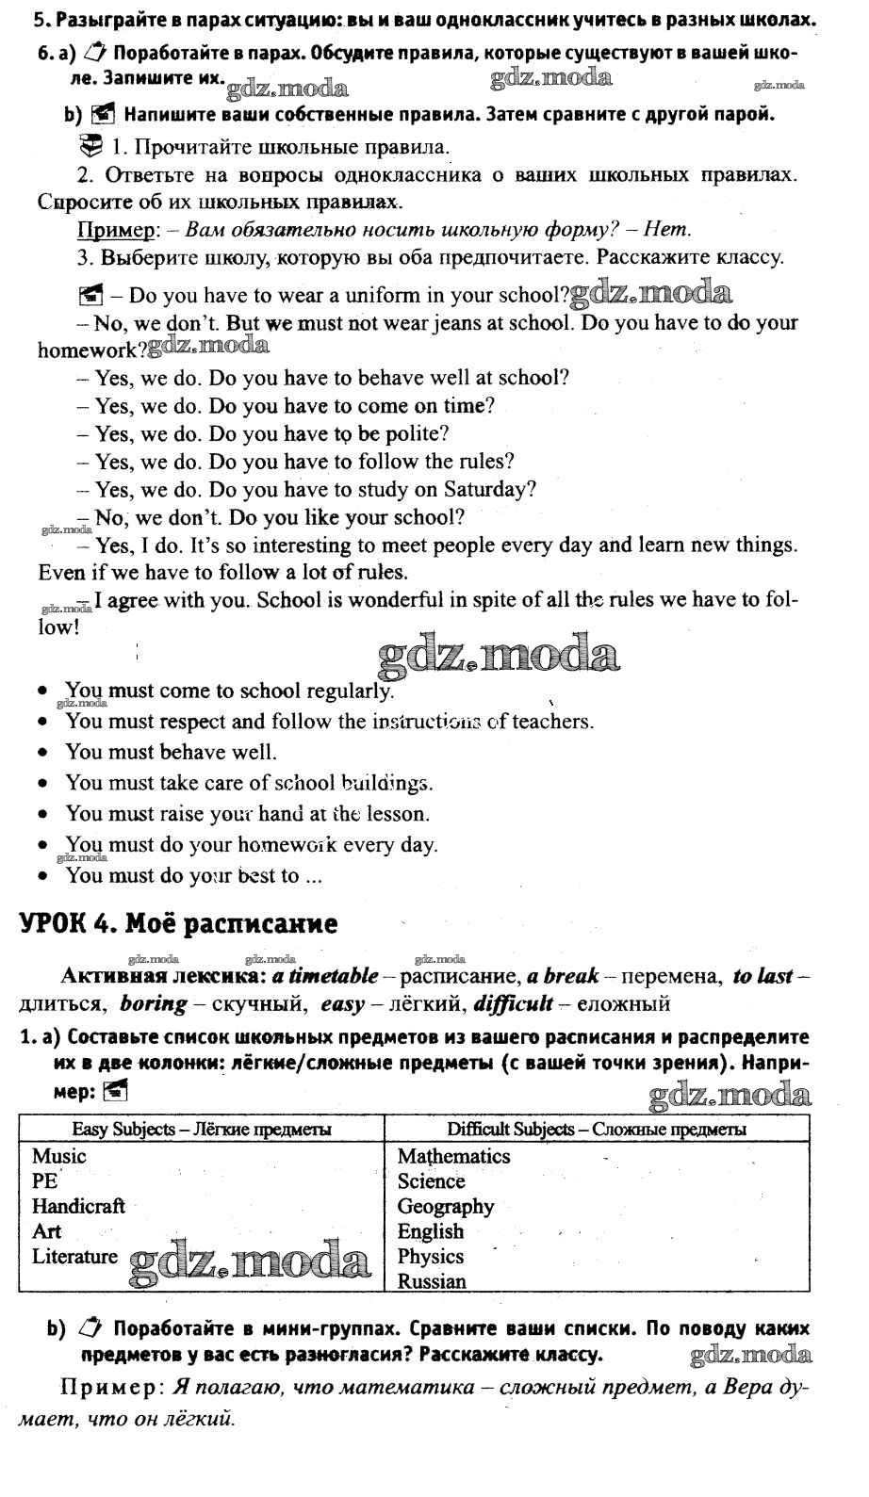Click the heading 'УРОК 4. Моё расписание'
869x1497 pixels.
[x=178, y=923]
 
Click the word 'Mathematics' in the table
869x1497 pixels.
[x=453, y=1156]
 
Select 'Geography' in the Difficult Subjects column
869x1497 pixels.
[x=446, y=1206]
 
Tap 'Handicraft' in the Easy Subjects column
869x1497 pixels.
[x=78, y=1206]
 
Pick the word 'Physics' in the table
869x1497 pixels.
[x=431, y=1256]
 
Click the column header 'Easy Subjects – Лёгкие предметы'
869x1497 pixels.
[x=202, y=1129]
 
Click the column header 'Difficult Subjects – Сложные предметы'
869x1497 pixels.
[x=597, y=1129]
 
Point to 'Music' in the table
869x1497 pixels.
[x=58, y=1156]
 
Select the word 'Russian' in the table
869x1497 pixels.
[x=432, y=1281]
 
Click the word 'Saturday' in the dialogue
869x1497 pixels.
[x=494, y=490]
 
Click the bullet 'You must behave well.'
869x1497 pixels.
[x=171, y=752]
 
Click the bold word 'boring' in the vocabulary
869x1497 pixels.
[x=153, y=1003]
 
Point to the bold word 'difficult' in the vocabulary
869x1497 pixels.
[x=513, y=1003]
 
